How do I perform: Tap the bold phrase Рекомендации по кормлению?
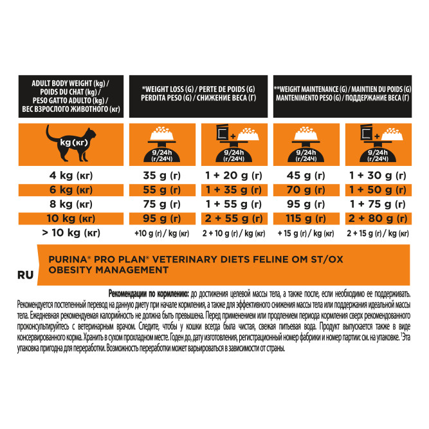(151, 291)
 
